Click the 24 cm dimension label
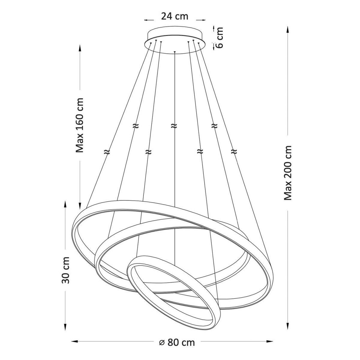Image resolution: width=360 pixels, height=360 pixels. click(x=175, y=16)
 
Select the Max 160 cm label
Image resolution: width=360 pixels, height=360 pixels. click(x=79, y=125)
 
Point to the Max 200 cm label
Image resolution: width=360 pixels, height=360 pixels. click(x=288, y=173)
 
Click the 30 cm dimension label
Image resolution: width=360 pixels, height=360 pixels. click(x=65, y=270)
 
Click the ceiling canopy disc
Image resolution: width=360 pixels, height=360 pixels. click(x=175, y=40)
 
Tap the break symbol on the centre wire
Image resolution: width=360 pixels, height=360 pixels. click(x=174, y=126)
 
